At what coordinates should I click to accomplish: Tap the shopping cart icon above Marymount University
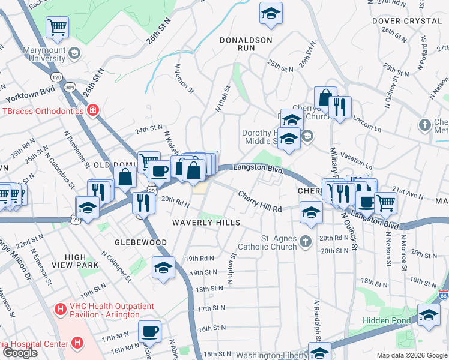[57, 26]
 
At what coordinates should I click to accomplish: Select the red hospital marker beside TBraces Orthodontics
[93, 110]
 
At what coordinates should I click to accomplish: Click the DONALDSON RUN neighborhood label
[246, 40]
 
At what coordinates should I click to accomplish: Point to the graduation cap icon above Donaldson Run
[271, 13]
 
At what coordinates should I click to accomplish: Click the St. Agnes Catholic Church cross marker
[306, 242]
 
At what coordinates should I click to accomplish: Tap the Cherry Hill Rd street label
[260, 202]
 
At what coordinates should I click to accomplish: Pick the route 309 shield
[70, 88]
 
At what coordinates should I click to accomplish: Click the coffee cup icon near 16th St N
[149, 331]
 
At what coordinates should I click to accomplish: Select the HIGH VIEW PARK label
[75, 261]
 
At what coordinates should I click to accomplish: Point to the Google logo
[20, 353]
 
